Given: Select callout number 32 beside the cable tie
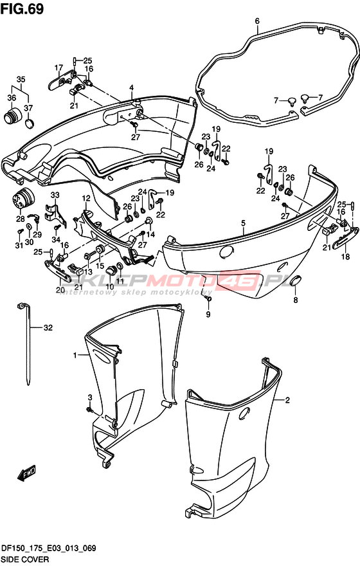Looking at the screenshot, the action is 48,327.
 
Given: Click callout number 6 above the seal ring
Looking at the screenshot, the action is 257,21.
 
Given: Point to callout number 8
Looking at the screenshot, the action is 296,300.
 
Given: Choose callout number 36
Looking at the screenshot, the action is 12,98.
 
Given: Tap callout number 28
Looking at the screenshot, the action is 21,219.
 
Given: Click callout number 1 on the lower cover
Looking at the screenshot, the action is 75,356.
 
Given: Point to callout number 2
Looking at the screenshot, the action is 287,400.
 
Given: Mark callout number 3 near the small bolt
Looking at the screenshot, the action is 90,397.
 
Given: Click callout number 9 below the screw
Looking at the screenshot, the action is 208,315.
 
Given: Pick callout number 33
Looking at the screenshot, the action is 55,196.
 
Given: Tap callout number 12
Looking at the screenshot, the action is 86,198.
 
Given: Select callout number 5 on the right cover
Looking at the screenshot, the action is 244,223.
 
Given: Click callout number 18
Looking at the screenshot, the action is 346,257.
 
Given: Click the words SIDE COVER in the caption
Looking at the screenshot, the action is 25,560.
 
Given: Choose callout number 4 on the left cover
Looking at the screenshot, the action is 132,87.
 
